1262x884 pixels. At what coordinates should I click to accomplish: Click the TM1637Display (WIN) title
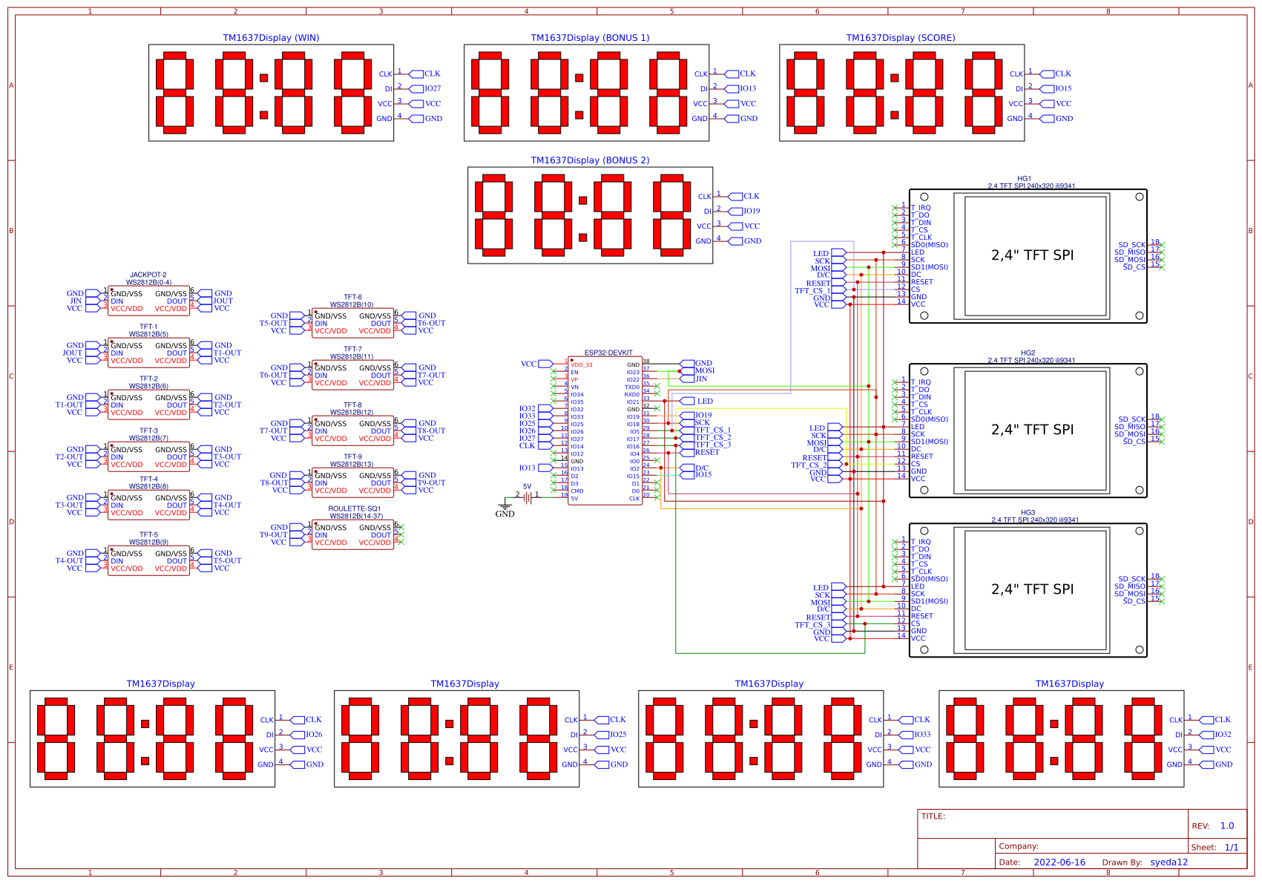pyautogui.click(x=271, y=38)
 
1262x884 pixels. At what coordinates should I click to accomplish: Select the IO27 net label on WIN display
pyautogui.click(x=433, y=88)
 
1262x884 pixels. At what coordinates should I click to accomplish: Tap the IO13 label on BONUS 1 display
pyautogui.click(x=748, y=88)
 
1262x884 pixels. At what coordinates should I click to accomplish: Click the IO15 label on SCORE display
pyautogui.click(x=1063, y=88)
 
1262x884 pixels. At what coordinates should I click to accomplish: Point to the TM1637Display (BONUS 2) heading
pyautogui.click(x=590, y=160)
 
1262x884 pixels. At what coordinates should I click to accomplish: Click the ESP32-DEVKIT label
pyautogui.click(x=608, y=353)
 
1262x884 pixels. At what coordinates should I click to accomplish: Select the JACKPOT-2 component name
pyautogui.click(x=148, y=275)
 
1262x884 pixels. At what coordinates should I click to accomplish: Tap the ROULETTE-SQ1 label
pyautogui.click(x=355, y=508)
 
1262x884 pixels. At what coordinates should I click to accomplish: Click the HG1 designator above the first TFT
pyautogui.click(x=1024, y=179)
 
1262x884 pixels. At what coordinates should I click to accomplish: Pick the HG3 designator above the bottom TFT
pyautogui.click(x=1028, y=512)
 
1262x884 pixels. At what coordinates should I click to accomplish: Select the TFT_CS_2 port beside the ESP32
pyautogui.click(x=712, y=437)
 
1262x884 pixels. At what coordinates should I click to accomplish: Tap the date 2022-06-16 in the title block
pyautogui.click(x=1059, y=862)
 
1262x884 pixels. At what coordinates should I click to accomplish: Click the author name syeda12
pyautogui.click(x=1169, y=862)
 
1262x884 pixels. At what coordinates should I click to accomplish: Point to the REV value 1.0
pyautogui.click(x=1227, y=825)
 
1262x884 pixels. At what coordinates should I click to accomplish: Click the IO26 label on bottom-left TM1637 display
pyautogui.click(x=314, y=735)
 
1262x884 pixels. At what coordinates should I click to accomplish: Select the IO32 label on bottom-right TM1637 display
pyautogui.click(x=1223, y=735)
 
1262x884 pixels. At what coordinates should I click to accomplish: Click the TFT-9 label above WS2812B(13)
pyautogui.click(x=352, y=457)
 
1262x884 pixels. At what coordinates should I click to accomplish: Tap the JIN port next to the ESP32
pyautogui.click(x=701, y=379)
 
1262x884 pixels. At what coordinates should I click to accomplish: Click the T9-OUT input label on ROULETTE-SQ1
pyautogui.click(x=273, y=534)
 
